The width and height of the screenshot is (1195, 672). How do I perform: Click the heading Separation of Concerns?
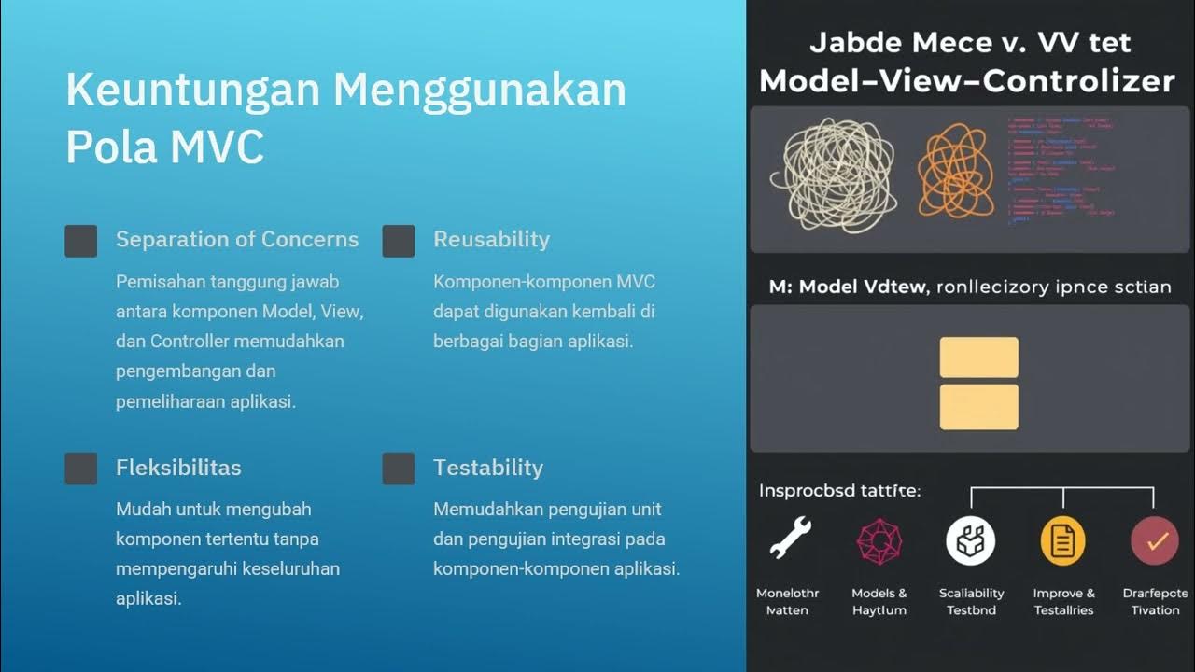[x=236, y=239]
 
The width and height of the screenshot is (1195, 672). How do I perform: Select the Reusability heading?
[x=491, y=239]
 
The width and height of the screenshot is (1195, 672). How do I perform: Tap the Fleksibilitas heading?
[x=178, y=468]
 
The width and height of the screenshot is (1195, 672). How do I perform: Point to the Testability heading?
[x=487, y=468]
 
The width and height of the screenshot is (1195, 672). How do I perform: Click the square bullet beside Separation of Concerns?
[x=81, y=241]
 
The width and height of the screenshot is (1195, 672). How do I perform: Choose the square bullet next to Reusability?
[x=399, y=241]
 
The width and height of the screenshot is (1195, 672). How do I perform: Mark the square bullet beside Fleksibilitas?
[x=81, y=469]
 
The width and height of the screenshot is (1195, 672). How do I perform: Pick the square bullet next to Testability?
[x=399, y=469]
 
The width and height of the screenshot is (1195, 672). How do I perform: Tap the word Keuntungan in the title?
[x=191, y=91]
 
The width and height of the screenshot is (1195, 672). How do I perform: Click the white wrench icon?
[x=790, y=539]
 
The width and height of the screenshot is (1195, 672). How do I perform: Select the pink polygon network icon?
[x=879, y=541]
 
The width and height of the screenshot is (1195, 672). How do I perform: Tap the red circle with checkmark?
[x=1155, y=541]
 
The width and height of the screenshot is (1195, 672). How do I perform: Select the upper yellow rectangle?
[x=978, y=357]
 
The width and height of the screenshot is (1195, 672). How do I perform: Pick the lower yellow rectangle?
[x=978, y=407]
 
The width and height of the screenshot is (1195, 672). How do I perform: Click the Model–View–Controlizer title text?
[x=966, y=80]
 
